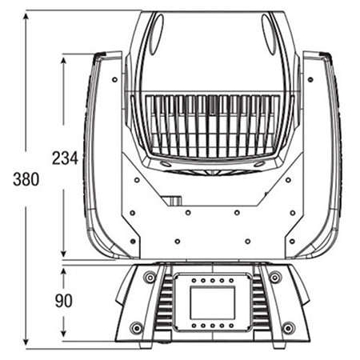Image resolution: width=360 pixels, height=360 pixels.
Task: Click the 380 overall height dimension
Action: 26,179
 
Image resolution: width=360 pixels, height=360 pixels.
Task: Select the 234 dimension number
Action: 65,158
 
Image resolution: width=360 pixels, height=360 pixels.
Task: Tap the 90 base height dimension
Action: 64,301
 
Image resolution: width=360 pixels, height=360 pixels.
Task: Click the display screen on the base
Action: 213,302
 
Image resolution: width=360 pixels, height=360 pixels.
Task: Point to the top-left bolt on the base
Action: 150,278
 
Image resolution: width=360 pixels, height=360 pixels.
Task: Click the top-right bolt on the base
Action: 275,278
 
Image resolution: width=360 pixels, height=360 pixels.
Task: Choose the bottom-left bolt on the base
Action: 137,328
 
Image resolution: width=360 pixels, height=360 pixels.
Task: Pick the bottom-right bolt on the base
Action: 288,328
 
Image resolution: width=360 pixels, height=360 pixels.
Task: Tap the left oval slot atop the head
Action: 157,34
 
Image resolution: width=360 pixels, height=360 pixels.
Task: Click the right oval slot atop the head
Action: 268,34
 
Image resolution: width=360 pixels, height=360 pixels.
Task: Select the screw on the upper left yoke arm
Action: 114,79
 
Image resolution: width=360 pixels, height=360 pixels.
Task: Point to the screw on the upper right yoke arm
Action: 310,79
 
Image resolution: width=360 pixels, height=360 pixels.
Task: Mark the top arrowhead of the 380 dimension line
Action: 26,17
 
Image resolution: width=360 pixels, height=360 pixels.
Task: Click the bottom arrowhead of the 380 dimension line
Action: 26,342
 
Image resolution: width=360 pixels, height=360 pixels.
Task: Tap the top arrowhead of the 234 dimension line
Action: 63,61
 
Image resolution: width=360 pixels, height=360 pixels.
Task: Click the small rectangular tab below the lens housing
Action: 172,201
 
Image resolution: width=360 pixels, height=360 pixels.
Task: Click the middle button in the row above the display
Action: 213,281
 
